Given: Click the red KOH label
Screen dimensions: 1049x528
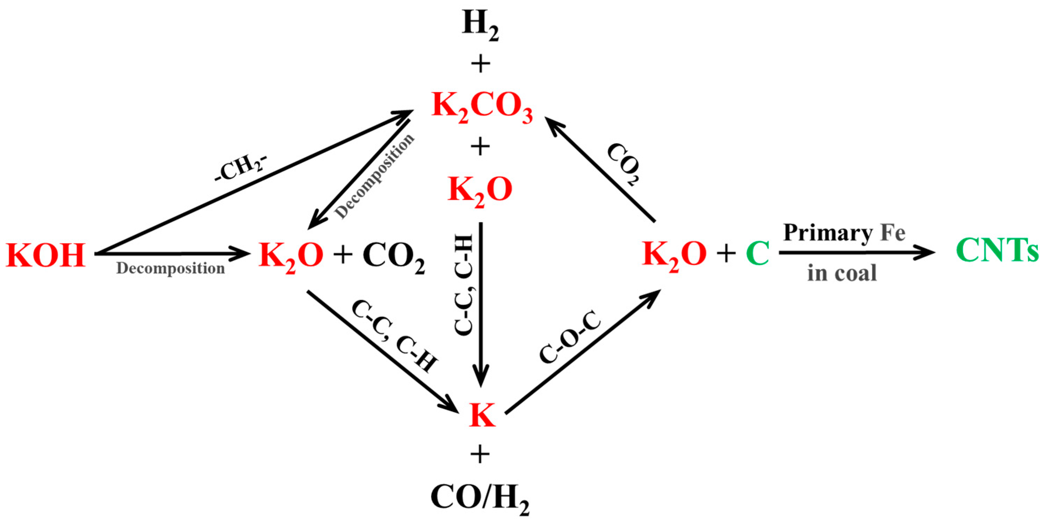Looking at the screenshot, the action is (x=46, y=255).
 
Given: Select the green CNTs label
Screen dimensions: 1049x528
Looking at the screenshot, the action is (x=997, y=250).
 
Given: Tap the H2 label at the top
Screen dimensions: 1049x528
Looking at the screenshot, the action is (x=481, y=25).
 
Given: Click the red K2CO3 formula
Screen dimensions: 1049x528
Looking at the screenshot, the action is (x=482, y=108).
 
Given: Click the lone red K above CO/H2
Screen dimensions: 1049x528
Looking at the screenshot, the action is (x=482, y=415).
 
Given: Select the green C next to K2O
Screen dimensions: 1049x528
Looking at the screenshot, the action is (x=757, y=253).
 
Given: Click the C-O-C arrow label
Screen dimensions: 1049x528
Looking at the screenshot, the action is (x=570, y=337).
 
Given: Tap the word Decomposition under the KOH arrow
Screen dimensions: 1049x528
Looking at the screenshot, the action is (x=170, y=268).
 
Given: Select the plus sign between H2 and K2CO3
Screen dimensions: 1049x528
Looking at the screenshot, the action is (x=481, y=64).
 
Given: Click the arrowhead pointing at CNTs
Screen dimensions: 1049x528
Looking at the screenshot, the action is (x=926, y=253).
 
